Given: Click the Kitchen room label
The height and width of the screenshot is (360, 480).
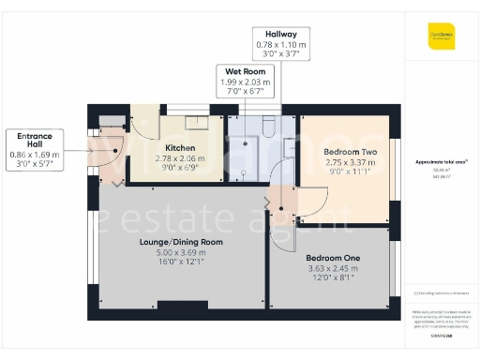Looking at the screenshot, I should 180,148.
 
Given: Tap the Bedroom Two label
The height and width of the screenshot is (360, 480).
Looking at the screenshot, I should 350,151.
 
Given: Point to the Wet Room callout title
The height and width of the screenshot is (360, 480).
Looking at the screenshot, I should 244,71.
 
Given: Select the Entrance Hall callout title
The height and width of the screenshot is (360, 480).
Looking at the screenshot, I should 33,140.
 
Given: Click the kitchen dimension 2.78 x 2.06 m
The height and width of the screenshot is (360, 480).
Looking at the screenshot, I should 180,158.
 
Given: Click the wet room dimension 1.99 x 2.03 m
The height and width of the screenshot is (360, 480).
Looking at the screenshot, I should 244,82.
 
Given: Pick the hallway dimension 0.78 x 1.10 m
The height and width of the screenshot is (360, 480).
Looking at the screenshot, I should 280,44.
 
